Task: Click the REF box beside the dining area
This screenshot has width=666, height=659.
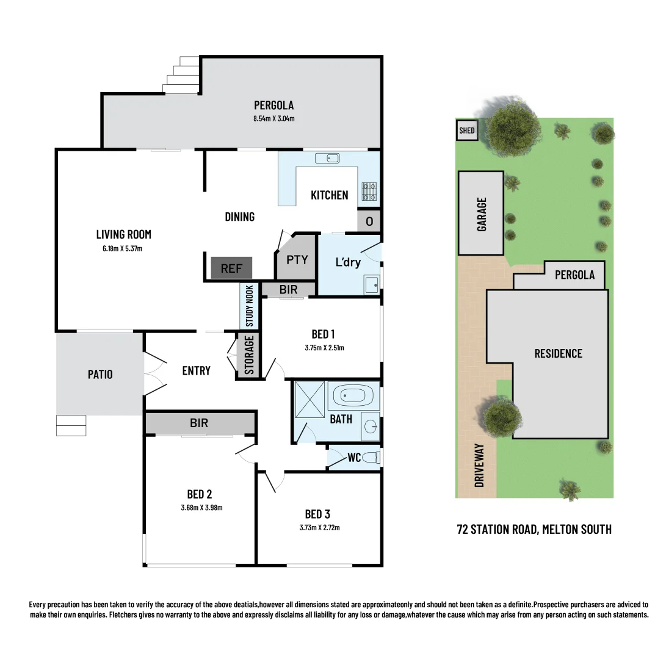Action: pos(231,268)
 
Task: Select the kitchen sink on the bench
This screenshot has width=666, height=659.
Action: pos(327,159)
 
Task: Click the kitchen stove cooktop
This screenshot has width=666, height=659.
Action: pos(369,192)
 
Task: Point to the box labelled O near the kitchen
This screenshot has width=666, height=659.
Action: pos(369,221)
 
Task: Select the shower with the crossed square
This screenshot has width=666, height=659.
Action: pos(310,400)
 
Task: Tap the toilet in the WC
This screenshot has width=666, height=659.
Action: pos(372,457)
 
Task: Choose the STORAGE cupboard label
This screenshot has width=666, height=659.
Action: pos(249,355)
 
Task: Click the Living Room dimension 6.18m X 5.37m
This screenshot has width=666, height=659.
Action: pos(123,248)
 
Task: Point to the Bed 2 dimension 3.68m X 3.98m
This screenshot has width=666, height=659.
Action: pos(200,507)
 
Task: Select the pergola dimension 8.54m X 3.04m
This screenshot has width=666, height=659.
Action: pos(274,118)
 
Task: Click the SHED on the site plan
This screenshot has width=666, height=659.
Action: pos(467,131)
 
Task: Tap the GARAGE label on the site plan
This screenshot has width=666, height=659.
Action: pos(482,214)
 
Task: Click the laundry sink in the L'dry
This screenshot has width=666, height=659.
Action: pos(371,285)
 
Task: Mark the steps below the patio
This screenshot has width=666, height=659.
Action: pos(71,425)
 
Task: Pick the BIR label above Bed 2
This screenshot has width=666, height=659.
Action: pos(199,423)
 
